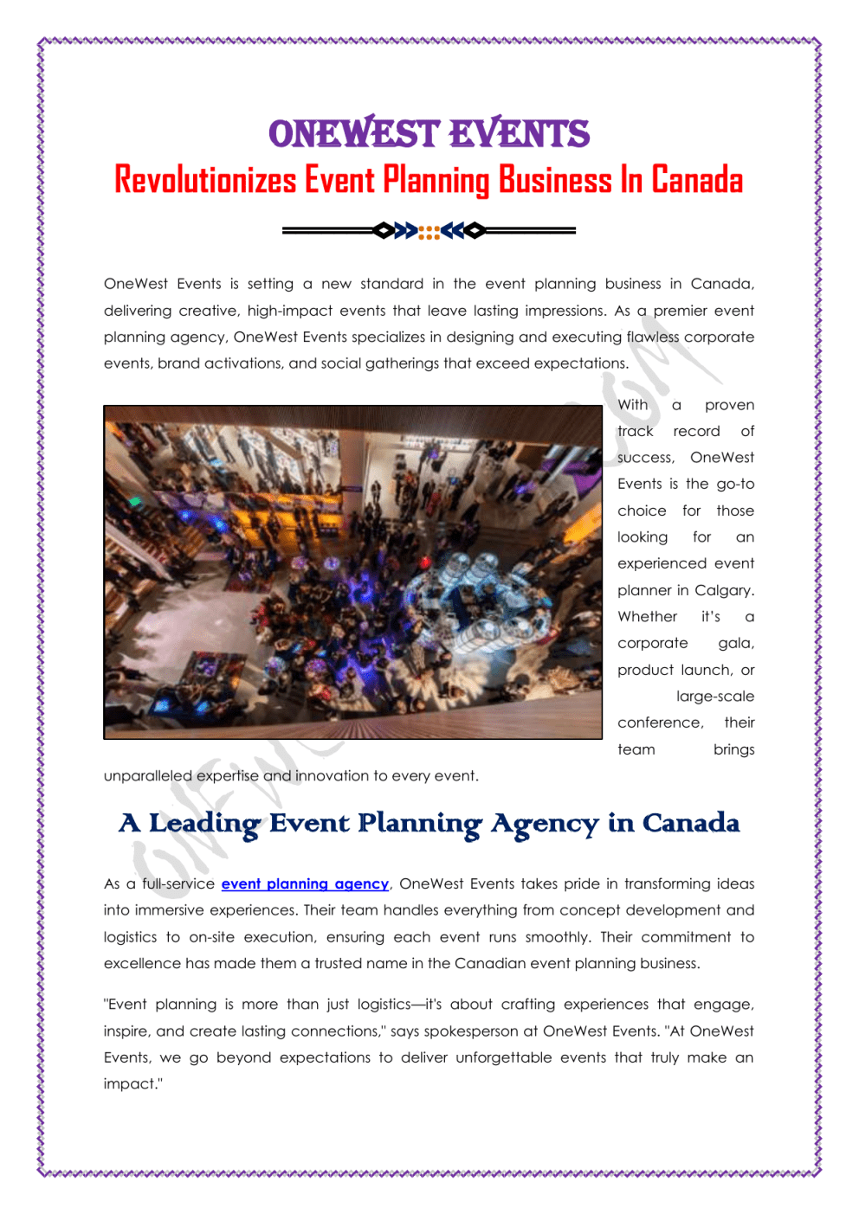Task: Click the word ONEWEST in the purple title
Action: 354,134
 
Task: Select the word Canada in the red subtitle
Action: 697,180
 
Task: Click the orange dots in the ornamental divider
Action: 429,231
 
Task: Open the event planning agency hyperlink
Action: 305,883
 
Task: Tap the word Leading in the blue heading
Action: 204,823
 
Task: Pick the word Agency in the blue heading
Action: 545,823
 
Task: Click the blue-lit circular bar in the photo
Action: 472,588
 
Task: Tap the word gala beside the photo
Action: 735,643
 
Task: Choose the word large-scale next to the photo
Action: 715,696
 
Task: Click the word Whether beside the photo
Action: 647,616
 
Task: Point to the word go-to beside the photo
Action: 735,484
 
